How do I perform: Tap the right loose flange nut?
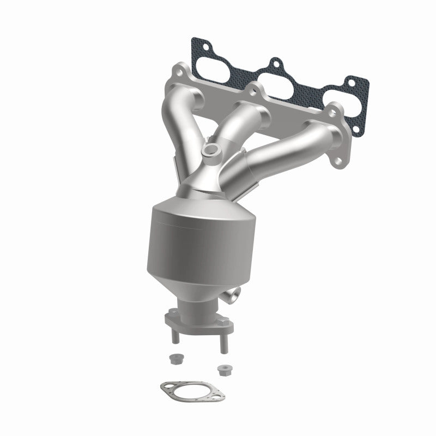click(222, 369)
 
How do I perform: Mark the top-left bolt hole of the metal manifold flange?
click(178, 72)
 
